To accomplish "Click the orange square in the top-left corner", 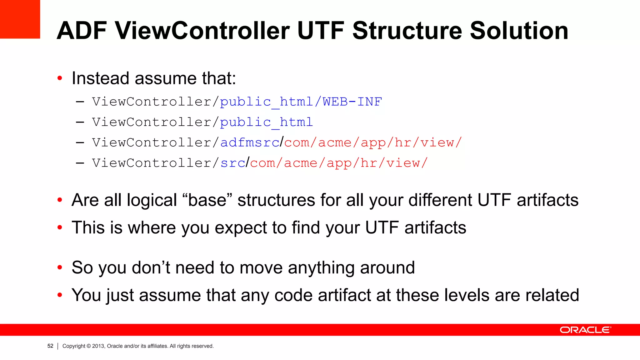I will [x=20, y=19].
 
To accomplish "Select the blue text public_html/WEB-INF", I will [x=301, y=102].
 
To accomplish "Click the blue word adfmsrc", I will [x=250, y=142].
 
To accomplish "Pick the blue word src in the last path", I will [x=233, y=163].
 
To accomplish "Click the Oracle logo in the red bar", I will [x=585, y=330].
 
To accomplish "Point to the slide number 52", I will [x=50, y=346].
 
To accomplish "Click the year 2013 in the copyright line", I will [x=98, y=346].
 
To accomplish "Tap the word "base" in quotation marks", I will [x=207, y=200].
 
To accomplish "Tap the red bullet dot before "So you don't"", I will [x=60, y=267].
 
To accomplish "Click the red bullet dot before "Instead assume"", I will [x=60, y=78].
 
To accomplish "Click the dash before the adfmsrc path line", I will [x=80, y=142].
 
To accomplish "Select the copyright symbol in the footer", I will [x=89, y=346].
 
